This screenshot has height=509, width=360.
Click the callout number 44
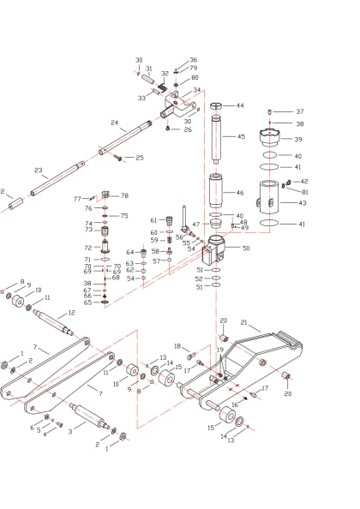240,105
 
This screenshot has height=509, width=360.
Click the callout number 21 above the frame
243,323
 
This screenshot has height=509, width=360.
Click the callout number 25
140,158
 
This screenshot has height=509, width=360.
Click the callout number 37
299,111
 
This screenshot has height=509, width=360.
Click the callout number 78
124,195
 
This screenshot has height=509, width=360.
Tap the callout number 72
87,248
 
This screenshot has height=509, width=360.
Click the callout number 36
193,60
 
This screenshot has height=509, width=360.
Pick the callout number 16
234,404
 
